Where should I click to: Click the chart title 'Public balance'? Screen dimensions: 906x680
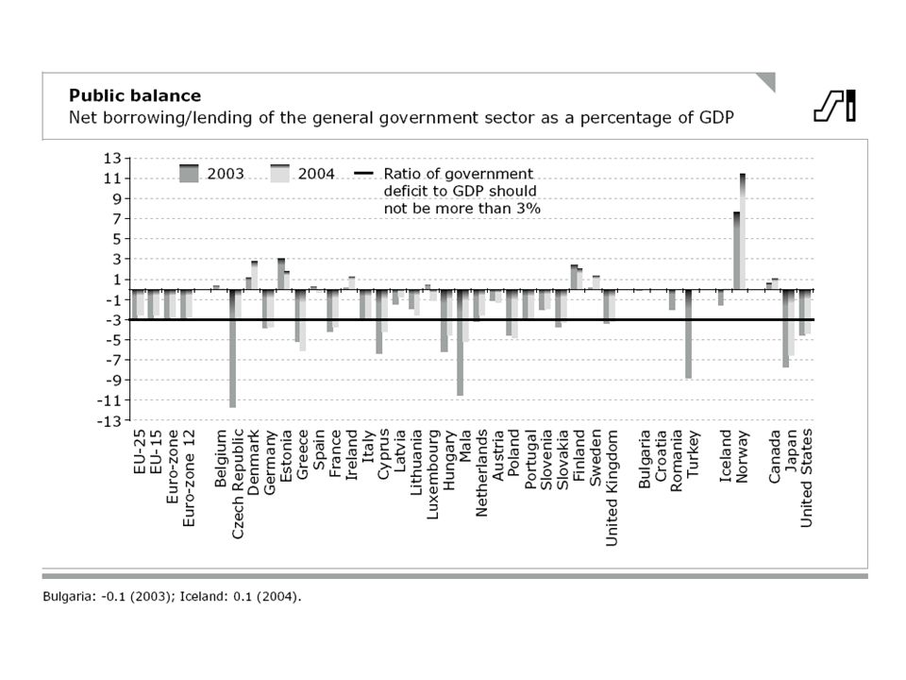135,95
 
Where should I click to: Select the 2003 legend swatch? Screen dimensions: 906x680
189,174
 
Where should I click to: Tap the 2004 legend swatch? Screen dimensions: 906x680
279,174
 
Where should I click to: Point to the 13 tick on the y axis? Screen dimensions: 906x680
112,159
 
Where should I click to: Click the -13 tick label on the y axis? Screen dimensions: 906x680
109,421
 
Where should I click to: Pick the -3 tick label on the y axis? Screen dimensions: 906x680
113,320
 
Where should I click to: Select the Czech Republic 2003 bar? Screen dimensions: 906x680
232,348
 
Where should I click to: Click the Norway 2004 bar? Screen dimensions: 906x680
743,231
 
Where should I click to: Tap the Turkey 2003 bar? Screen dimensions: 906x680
688,334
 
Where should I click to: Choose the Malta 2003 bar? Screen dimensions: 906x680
460,343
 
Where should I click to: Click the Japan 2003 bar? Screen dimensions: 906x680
786,329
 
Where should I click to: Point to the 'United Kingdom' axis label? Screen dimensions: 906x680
612,487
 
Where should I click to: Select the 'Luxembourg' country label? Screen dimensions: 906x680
433,474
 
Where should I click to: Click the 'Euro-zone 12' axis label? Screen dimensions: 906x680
189,478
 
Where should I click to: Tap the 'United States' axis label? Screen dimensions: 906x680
807,478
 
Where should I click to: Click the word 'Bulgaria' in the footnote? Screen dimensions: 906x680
66,597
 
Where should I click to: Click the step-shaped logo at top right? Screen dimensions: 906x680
834,106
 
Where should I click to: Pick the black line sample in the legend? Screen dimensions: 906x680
363,174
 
